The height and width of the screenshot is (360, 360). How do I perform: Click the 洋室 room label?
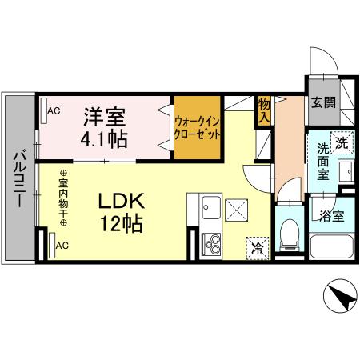pyautogui.click(x=105, y=114)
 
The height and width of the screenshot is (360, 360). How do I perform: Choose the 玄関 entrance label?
pyautogui.click(x=324, y=103)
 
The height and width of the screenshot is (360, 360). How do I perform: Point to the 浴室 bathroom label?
pyautogui.click(x=330, y=215)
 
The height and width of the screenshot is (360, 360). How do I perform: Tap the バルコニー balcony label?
pyautogui.click(x=18, y=181)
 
